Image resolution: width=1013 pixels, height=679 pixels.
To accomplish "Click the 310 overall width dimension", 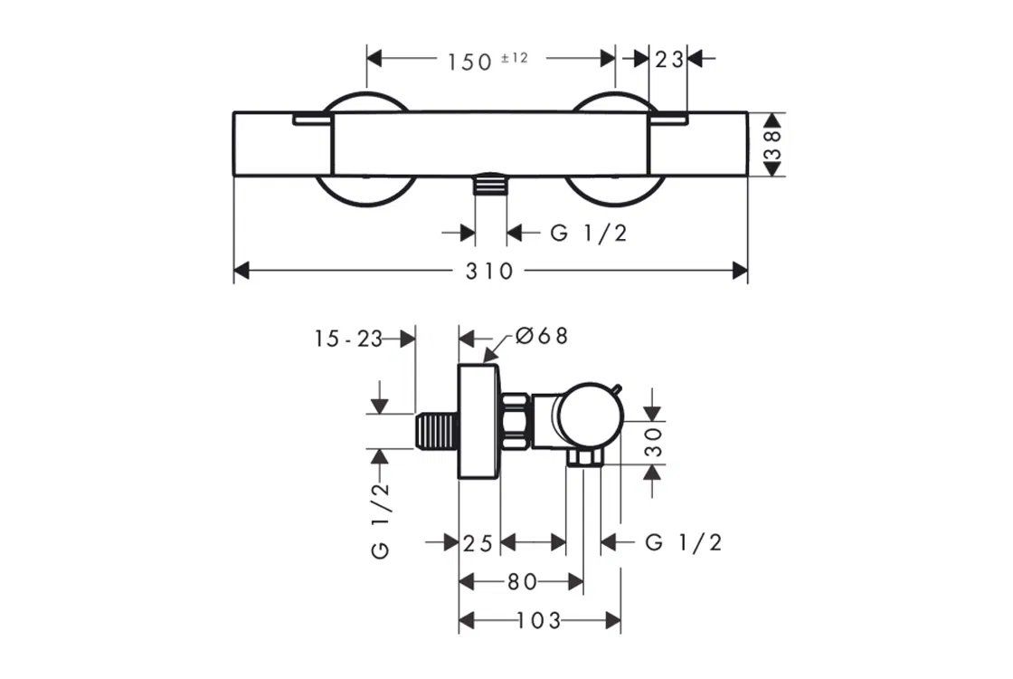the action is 489,271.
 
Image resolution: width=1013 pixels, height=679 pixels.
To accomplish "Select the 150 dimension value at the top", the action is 470,62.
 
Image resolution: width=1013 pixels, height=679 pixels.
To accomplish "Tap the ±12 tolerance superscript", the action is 515,58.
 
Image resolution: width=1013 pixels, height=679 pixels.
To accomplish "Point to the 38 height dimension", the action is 772,145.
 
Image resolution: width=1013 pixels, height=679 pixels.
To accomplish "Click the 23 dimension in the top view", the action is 669,60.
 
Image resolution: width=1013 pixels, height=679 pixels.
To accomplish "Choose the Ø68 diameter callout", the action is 542,336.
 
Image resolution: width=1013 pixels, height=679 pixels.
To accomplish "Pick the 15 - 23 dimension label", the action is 349,339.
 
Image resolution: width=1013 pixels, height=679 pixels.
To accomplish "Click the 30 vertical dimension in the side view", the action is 655,442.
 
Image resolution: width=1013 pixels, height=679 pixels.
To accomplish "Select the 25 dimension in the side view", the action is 478,543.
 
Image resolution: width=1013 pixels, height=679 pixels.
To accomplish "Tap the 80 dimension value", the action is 522,582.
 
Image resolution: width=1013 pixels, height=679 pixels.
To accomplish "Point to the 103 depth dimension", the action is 538,621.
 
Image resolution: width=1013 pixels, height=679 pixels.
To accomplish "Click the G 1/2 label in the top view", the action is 589,233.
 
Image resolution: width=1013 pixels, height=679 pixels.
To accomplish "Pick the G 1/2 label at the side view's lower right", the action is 683,542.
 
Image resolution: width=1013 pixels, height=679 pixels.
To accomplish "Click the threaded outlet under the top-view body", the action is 490,184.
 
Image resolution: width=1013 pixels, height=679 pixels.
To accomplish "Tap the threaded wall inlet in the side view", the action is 437,431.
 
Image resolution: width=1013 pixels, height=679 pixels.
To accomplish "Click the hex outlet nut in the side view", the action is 584,458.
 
